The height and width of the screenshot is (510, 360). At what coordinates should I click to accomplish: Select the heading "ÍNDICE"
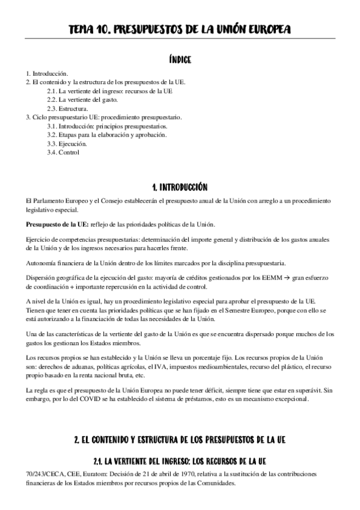180,60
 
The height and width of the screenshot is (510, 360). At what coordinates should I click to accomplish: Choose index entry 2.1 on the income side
111,91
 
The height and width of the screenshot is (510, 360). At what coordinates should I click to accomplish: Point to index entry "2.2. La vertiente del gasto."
86,99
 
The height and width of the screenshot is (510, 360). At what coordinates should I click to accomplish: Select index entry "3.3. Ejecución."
67,144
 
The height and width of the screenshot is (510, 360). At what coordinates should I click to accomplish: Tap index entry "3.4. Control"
64,153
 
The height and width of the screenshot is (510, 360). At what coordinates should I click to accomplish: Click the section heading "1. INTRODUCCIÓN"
180,188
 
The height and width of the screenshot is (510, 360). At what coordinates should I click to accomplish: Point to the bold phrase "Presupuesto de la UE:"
57,225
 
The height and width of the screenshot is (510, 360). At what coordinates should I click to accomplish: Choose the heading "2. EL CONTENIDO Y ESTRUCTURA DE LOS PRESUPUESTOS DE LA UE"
180,440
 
